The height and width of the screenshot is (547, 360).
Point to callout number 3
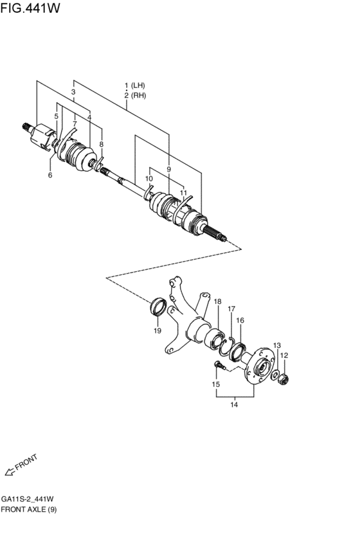73,93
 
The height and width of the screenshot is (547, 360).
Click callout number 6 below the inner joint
50,174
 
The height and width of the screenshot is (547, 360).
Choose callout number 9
168,169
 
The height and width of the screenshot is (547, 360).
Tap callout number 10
149,179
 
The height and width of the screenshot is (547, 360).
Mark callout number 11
183,192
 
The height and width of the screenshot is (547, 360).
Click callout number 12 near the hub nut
283,355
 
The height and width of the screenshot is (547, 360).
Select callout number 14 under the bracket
234,404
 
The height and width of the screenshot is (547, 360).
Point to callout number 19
157,331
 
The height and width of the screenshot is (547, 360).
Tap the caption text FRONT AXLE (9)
29,509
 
